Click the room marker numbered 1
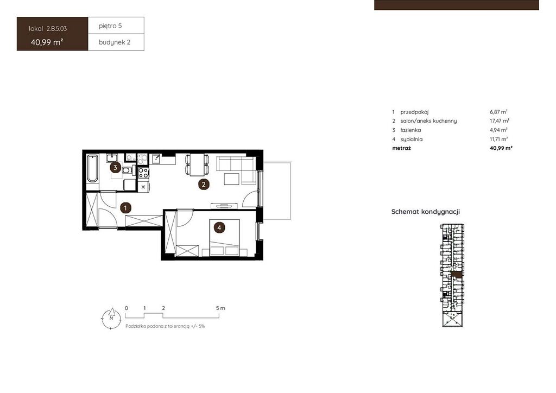[x=125, y=208]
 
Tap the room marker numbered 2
[x=204, y=184]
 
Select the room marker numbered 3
[x=115, y=168]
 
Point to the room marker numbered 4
[x=219, y=227]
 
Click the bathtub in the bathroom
[x=92, y=169]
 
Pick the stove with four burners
[x=143, y=173]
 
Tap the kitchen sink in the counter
[x=157, y=159]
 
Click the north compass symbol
[x=111, y=318]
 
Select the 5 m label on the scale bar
[x=220, y=308]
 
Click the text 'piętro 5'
[x=110, y=26]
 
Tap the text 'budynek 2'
[x=115, y=42]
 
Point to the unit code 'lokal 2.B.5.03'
[x=48, y=29]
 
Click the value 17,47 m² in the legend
[x=500, y=121]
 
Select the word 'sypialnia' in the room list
[x=412, y=140]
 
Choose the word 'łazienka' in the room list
[x=410, y=130]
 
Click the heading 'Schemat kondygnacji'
[x=426, y=212]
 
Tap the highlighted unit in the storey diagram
[x=457, y=275]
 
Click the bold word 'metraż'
[x=401, y=148]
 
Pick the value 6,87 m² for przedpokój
[x=498, y=112]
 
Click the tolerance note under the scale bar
[x=165, y=326]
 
